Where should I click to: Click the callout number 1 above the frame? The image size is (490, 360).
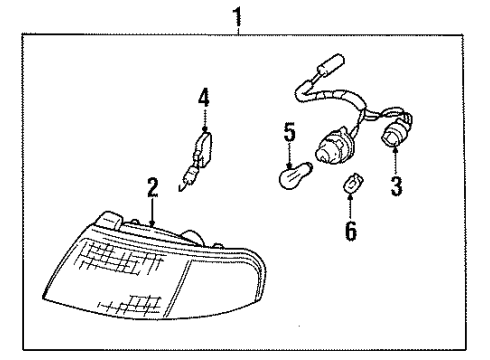click(237, 16)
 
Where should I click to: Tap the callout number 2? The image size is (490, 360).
click(152, 187)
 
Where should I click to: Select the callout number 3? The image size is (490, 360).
click(396, 186)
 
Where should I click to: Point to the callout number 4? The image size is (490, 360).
click(204, 97)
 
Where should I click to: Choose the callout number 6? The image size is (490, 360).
click(351, 230)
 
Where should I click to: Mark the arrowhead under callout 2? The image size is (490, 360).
click(152, 218)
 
